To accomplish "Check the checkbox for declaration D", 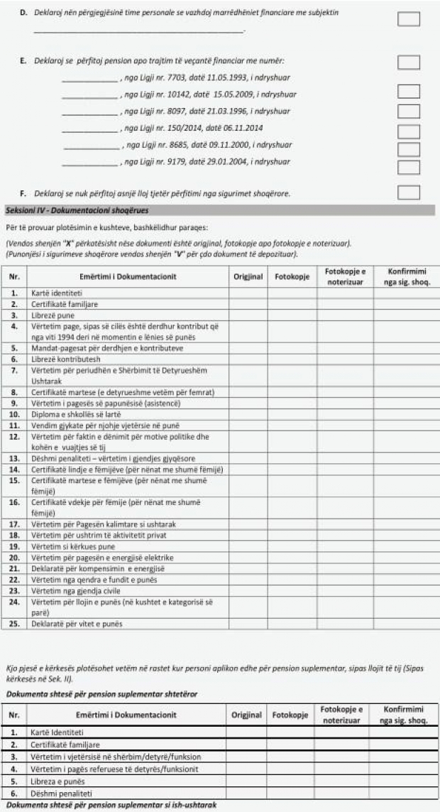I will (x=408, y=19).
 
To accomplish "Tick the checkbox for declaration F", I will (x=408, y=193).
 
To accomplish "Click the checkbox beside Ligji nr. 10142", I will (x=408, y=92).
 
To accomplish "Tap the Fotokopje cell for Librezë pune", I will (x=292, y=314).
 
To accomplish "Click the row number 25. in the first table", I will (x=15, y=624).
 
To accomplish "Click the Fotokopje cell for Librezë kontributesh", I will (x=292, y=359).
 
